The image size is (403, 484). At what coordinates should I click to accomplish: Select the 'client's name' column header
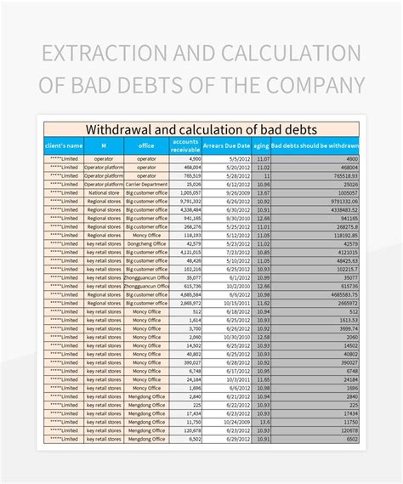pyautogui.click(x=65, y=145)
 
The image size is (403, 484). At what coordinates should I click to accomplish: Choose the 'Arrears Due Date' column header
pyautogui.click(x=227, y=145)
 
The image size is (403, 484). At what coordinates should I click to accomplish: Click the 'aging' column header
pyautogui.click(x=262, y=145)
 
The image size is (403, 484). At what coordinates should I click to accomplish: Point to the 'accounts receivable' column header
pyautogui.click(x=185, y=145)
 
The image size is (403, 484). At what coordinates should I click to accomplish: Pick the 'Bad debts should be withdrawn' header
pyautogui.click(x=315, y=145)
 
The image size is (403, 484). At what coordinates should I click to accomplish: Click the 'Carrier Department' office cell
pyautogui.click(x=146, y=184)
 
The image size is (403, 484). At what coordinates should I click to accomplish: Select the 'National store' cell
pyautogui.click(x=104, y=192)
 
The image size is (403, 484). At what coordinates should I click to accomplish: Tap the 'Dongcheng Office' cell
pyautogui.click(x=146, y=243)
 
